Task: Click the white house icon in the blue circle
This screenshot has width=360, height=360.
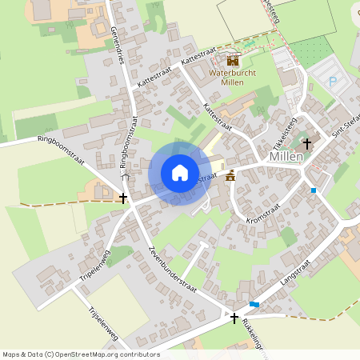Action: (180, 172)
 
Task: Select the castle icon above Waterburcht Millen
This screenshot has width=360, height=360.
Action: (233, 60)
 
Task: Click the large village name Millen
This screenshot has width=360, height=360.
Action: (286, 156)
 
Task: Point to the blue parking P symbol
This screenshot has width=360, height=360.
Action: (334, 81)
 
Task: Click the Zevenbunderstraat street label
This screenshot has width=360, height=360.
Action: (173, 269)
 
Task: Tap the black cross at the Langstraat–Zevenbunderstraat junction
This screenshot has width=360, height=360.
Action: (234, 318)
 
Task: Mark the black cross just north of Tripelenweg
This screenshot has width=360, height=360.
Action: (122, 197)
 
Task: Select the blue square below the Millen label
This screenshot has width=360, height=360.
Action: (314, 190)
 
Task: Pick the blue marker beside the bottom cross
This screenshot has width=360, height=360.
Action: (254, 304)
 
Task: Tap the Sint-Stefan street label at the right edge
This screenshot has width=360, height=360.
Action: (346, 126)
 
